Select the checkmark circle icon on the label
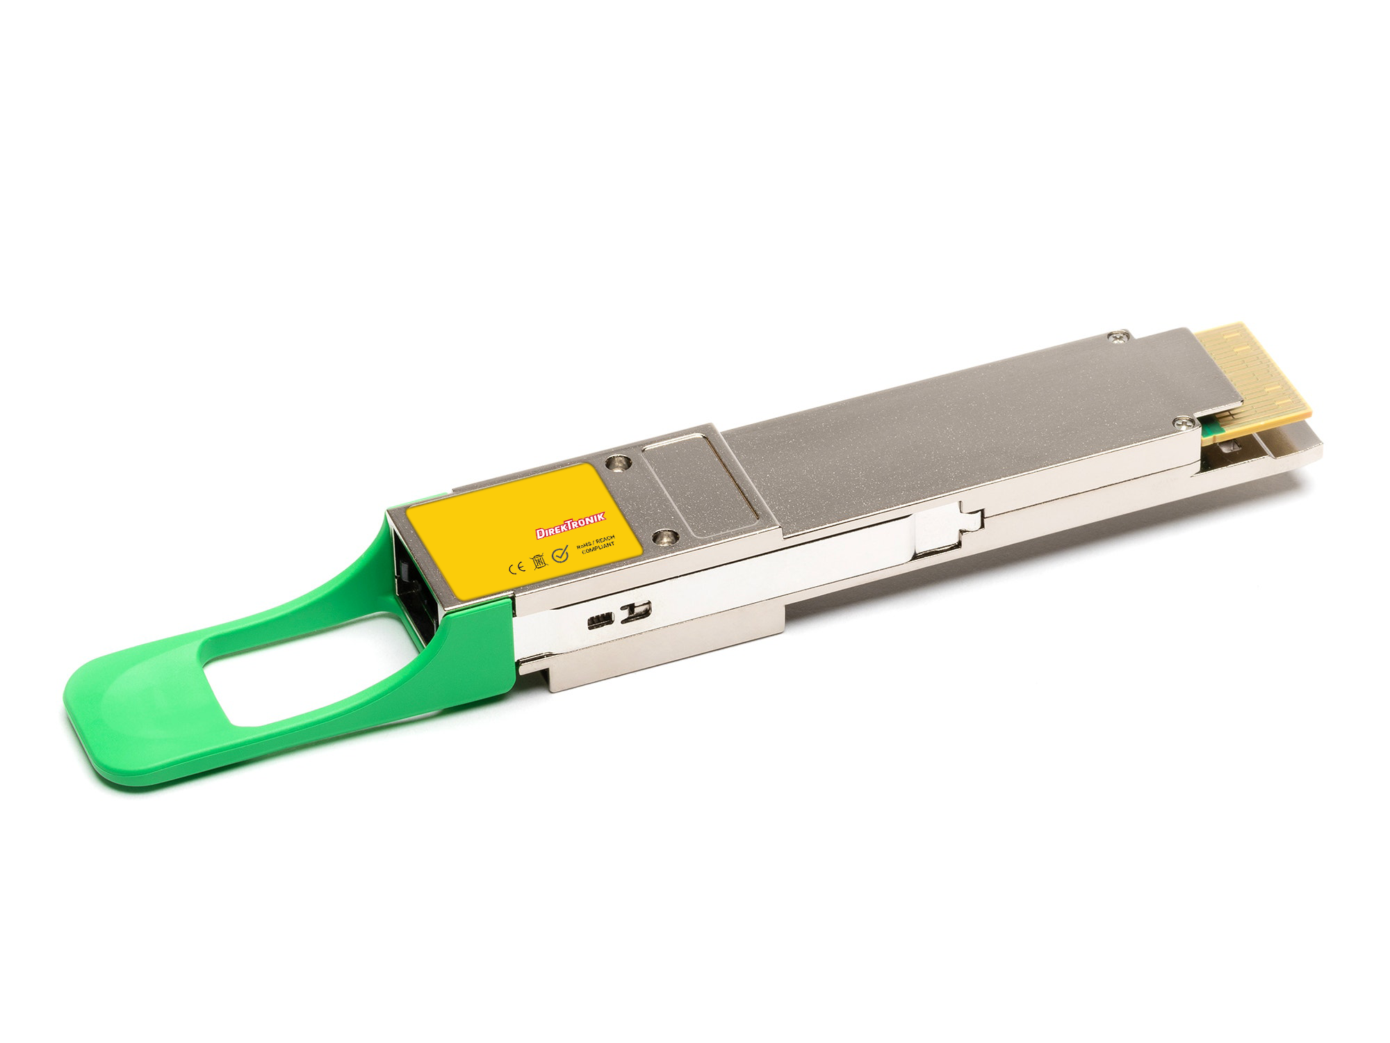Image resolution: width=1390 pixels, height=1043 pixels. pyautogui.click(x=560, y=554)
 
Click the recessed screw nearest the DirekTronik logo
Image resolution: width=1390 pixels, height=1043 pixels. pyautogui.click(x=665, y=536)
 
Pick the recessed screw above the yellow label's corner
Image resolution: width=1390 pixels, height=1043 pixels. pyautogui.click(x=616, y=462)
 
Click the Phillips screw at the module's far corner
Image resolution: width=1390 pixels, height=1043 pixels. pyautogui.click(x=1118, y=337)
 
